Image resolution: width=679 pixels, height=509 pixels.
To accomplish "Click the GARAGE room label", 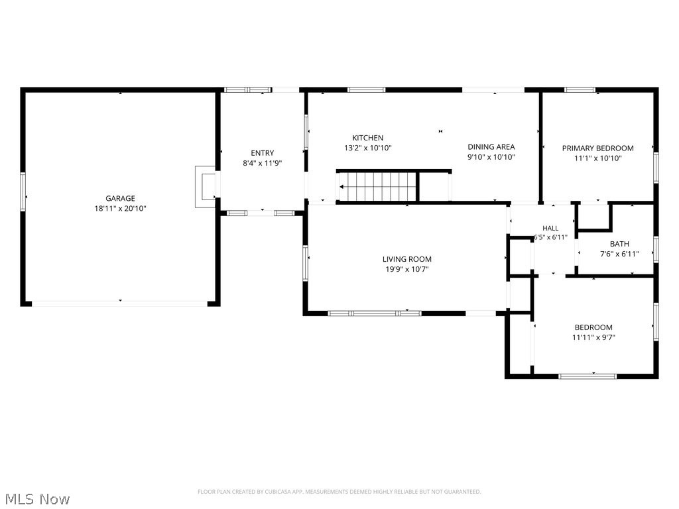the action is pos(121,198).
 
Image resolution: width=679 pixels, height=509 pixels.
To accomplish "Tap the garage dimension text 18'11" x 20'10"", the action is pos(121,209).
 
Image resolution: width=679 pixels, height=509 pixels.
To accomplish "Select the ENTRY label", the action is pos(263,153).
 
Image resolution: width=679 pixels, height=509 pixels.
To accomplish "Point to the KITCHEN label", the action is pos(367,138).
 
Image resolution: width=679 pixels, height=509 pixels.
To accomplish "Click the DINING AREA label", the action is pos(491,146).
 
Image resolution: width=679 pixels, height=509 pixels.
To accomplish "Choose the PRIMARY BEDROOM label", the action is pos(598,148).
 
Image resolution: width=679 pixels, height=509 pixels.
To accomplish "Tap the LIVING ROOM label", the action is pos(407,259).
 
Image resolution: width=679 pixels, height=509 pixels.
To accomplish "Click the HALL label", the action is pos(550,228).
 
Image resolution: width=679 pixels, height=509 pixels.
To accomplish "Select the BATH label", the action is pos(620,244).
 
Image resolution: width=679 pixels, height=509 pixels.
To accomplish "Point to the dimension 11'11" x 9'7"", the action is pos(593,337).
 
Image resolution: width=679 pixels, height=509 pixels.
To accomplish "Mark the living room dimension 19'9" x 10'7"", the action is pos(407,269).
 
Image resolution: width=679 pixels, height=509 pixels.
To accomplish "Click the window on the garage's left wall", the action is pos(23,192).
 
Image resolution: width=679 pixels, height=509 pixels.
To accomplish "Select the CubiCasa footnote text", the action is pos(339,492).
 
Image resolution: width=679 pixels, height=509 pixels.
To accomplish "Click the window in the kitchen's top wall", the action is pos(366,90).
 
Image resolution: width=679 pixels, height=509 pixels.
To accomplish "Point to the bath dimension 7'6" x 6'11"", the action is pos(620,254).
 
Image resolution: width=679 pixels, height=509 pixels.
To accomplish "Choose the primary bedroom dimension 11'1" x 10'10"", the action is pos(598,158).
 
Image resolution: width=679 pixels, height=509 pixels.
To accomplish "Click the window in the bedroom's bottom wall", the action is pos(587,376).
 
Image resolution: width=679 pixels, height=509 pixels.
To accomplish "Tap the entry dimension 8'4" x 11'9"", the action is pos(263,163).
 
